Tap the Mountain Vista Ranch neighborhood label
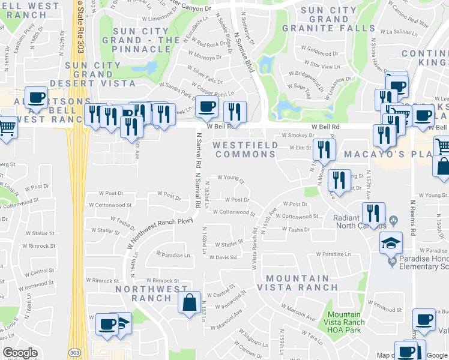[298, 283]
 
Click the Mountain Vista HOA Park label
[344, 322]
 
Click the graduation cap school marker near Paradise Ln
[390, 243]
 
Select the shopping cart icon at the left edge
[6, 128]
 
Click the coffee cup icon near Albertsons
[36, 98]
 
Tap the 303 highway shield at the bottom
[73, 352]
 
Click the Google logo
[20, 353]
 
